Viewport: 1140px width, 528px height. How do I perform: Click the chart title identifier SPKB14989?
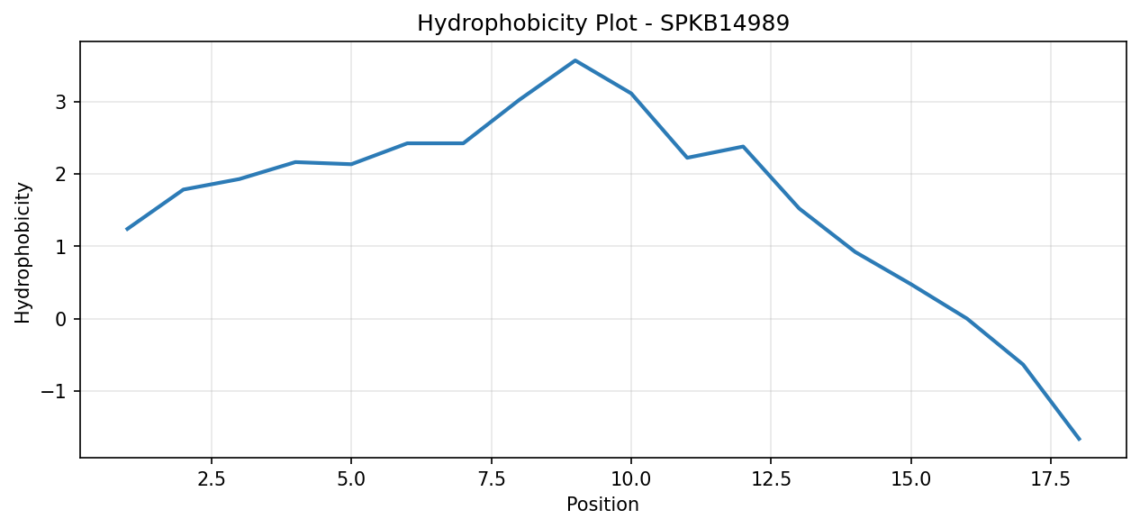pos(725,23)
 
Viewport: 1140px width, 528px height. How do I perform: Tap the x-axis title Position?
pos(602,505)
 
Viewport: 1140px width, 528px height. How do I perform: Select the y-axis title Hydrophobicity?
pos(23,253)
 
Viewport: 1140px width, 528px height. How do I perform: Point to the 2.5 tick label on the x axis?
pos(212,479)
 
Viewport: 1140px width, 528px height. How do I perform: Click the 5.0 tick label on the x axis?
pos(351,479)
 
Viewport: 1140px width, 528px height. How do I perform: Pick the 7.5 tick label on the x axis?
pos(491,479)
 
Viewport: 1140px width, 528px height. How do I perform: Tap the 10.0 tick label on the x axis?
pos(631,479)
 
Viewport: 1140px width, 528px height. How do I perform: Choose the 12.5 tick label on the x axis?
pos(771,479)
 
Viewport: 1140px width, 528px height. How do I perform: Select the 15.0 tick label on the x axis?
pos(911,479)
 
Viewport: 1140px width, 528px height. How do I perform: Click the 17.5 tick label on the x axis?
pos(1051,479)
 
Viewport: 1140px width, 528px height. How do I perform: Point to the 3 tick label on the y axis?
pos(61,103)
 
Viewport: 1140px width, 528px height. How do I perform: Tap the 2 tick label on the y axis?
pos(61,175)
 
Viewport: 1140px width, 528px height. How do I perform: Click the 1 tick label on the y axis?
pos(61,247)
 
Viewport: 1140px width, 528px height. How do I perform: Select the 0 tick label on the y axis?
pos(61,319)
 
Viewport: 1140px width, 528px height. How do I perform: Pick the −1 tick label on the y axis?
pos(54,392)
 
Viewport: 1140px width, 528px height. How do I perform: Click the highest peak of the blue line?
pos(575,60)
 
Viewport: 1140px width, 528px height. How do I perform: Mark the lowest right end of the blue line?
pos(1079,439)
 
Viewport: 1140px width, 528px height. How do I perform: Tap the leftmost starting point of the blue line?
pos(127,229)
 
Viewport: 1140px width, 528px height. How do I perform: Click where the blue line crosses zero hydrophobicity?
pos(967,319)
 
